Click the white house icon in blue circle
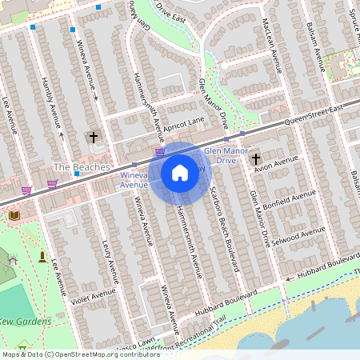pos(180,172)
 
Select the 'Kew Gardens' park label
pos(26,322)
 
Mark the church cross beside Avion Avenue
pos(256,158)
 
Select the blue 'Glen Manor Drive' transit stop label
pos(219,155)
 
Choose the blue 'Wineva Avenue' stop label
pos(134,179)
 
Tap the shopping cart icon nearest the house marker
pos(160,150)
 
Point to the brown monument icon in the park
pos(42,256)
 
